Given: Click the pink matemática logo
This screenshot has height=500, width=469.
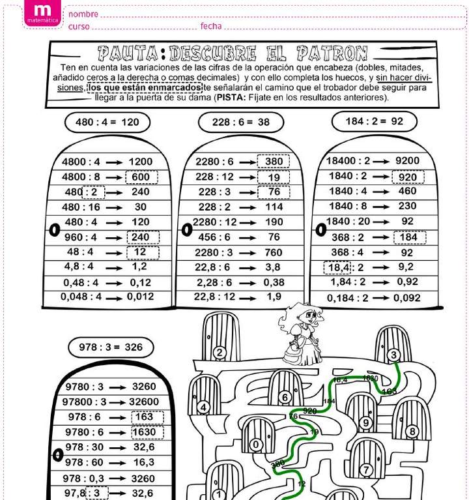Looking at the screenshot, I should click(42, 14).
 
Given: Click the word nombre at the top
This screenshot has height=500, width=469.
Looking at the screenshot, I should click(83, 14).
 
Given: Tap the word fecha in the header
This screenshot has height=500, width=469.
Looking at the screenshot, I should click(211, 26).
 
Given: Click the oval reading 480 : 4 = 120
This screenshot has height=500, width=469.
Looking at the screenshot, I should click(107, 122).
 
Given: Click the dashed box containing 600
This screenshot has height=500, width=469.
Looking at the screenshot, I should click(141, 177).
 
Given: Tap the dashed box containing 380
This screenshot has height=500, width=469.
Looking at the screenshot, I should click(274, 162).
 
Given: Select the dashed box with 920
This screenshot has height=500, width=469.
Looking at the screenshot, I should click(408, 177).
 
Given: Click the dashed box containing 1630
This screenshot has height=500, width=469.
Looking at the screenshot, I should click(147, 432).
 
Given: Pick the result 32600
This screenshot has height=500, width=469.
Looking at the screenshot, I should click(144, 402).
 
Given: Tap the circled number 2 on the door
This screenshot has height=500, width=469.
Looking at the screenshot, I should click(220, 353).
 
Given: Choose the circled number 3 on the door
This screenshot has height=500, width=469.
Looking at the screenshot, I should click(393, 355).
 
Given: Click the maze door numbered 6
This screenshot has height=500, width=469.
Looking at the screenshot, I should click(285, 392).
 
